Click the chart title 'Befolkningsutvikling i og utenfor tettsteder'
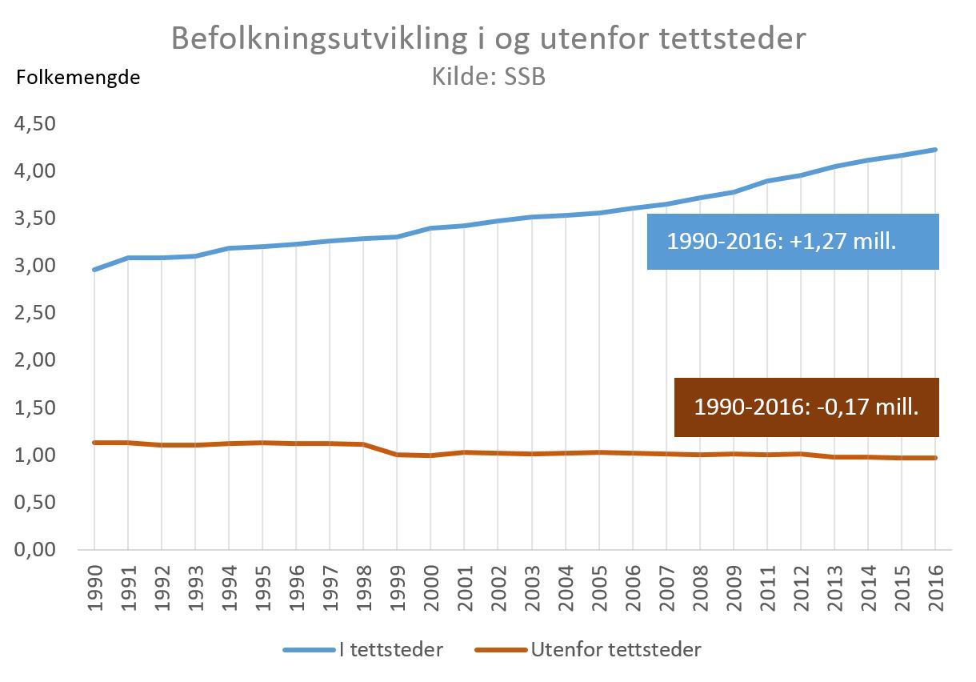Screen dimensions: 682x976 coord(488,38)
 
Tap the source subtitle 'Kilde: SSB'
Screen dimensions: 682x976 coord(488,78)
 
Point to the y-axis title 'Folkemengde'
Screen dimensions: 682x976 coord(78,78)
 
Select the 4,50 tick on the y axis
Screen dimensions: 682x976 coord(34,124)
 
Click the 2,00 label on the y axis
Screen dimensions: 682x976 coord(34,360)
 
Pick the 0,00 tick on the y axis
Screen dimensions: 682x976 coord(34,550)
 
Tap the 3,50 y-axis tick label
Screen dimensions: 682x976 coord(34,219)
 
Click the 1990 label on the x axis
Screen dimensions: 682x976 coord(94,586)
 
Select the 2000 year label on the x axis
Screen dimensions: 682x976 coord(431,586)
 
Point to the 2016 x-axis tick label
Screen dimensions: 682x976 coord(936,586)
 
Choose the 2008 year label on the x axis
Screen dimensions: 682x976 coord(700,586)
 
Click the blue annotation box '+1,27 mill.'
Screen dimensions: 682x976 coord(792,242)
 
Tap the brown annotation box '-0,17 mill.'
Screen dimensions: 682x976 coord(806,407)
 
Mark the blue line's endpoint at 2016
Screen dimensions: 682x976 coord(936,150)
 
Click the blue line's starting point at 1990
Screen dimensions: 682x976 coord(94,270)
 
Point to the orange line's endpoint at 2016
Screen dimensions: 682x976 coord(936,458)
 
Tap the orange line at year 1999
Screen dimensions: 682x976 coord(398,455)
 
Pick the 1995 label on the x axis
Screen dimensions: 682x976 coord(262,586)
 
